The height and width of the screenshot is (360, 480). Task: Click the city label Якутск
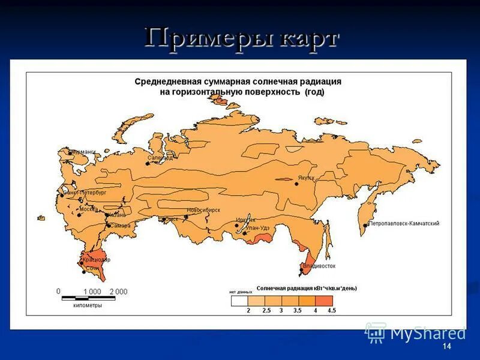click(307, 178)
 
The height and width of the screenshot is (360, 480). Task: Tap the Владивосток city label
click(319, 265)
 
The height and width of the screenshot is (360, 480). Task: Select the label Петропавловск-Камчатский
click(404, 223)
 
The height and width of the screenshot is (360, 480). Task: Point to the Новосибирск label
click(204, 210)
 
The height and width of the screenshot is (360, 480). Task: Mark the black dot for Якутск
click(296, 184)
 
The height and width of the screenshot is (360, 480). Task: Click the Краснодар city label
click(97, 260)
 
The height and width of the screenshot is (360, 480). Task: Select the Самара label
click(120, 226)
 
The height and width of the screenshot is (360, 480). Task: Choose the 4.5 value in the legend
click(332, 310)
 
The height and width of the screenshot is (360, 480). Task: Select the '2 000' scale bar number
click(118, 292)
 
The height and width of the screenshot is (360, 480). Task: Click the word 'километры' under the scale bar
click(88, 305)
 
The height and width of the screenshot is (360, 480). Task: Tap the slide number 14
click(446, 347)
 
